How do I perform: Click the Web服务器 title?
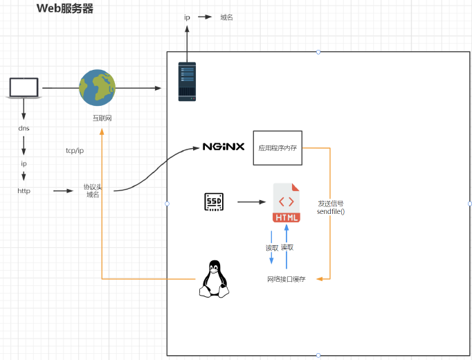click(x=64, y=9)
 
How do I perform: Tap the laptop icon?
click(x=24, y=88)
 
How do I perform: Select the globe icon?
click(x=96, y=87)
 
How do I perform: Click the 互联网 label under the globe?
click(x=102, y=118)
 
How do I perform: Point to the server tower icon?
click(x=187, y=82)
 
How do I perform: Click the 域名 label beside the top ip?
click(x=226, y=17)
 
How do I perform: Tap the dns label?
click(x=24, y=128)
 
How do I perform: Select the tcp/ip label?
click(x=74, y=150)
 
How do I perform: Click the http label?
click(x=24, y=190)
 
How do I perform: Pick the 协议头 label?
click(x=93, y=186)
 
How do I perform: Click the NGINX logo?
click(x=223, y=147)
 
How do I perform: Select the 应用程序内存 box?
click(x=278, y=147)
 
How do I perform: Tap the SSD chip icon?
click(x=213, y=201)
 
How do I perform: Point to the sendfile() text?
click(x=331, y=212)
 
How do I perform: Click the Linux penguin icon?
click(x=215, y=279)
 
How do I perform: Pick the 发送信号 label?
click(x=331, y=204)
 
